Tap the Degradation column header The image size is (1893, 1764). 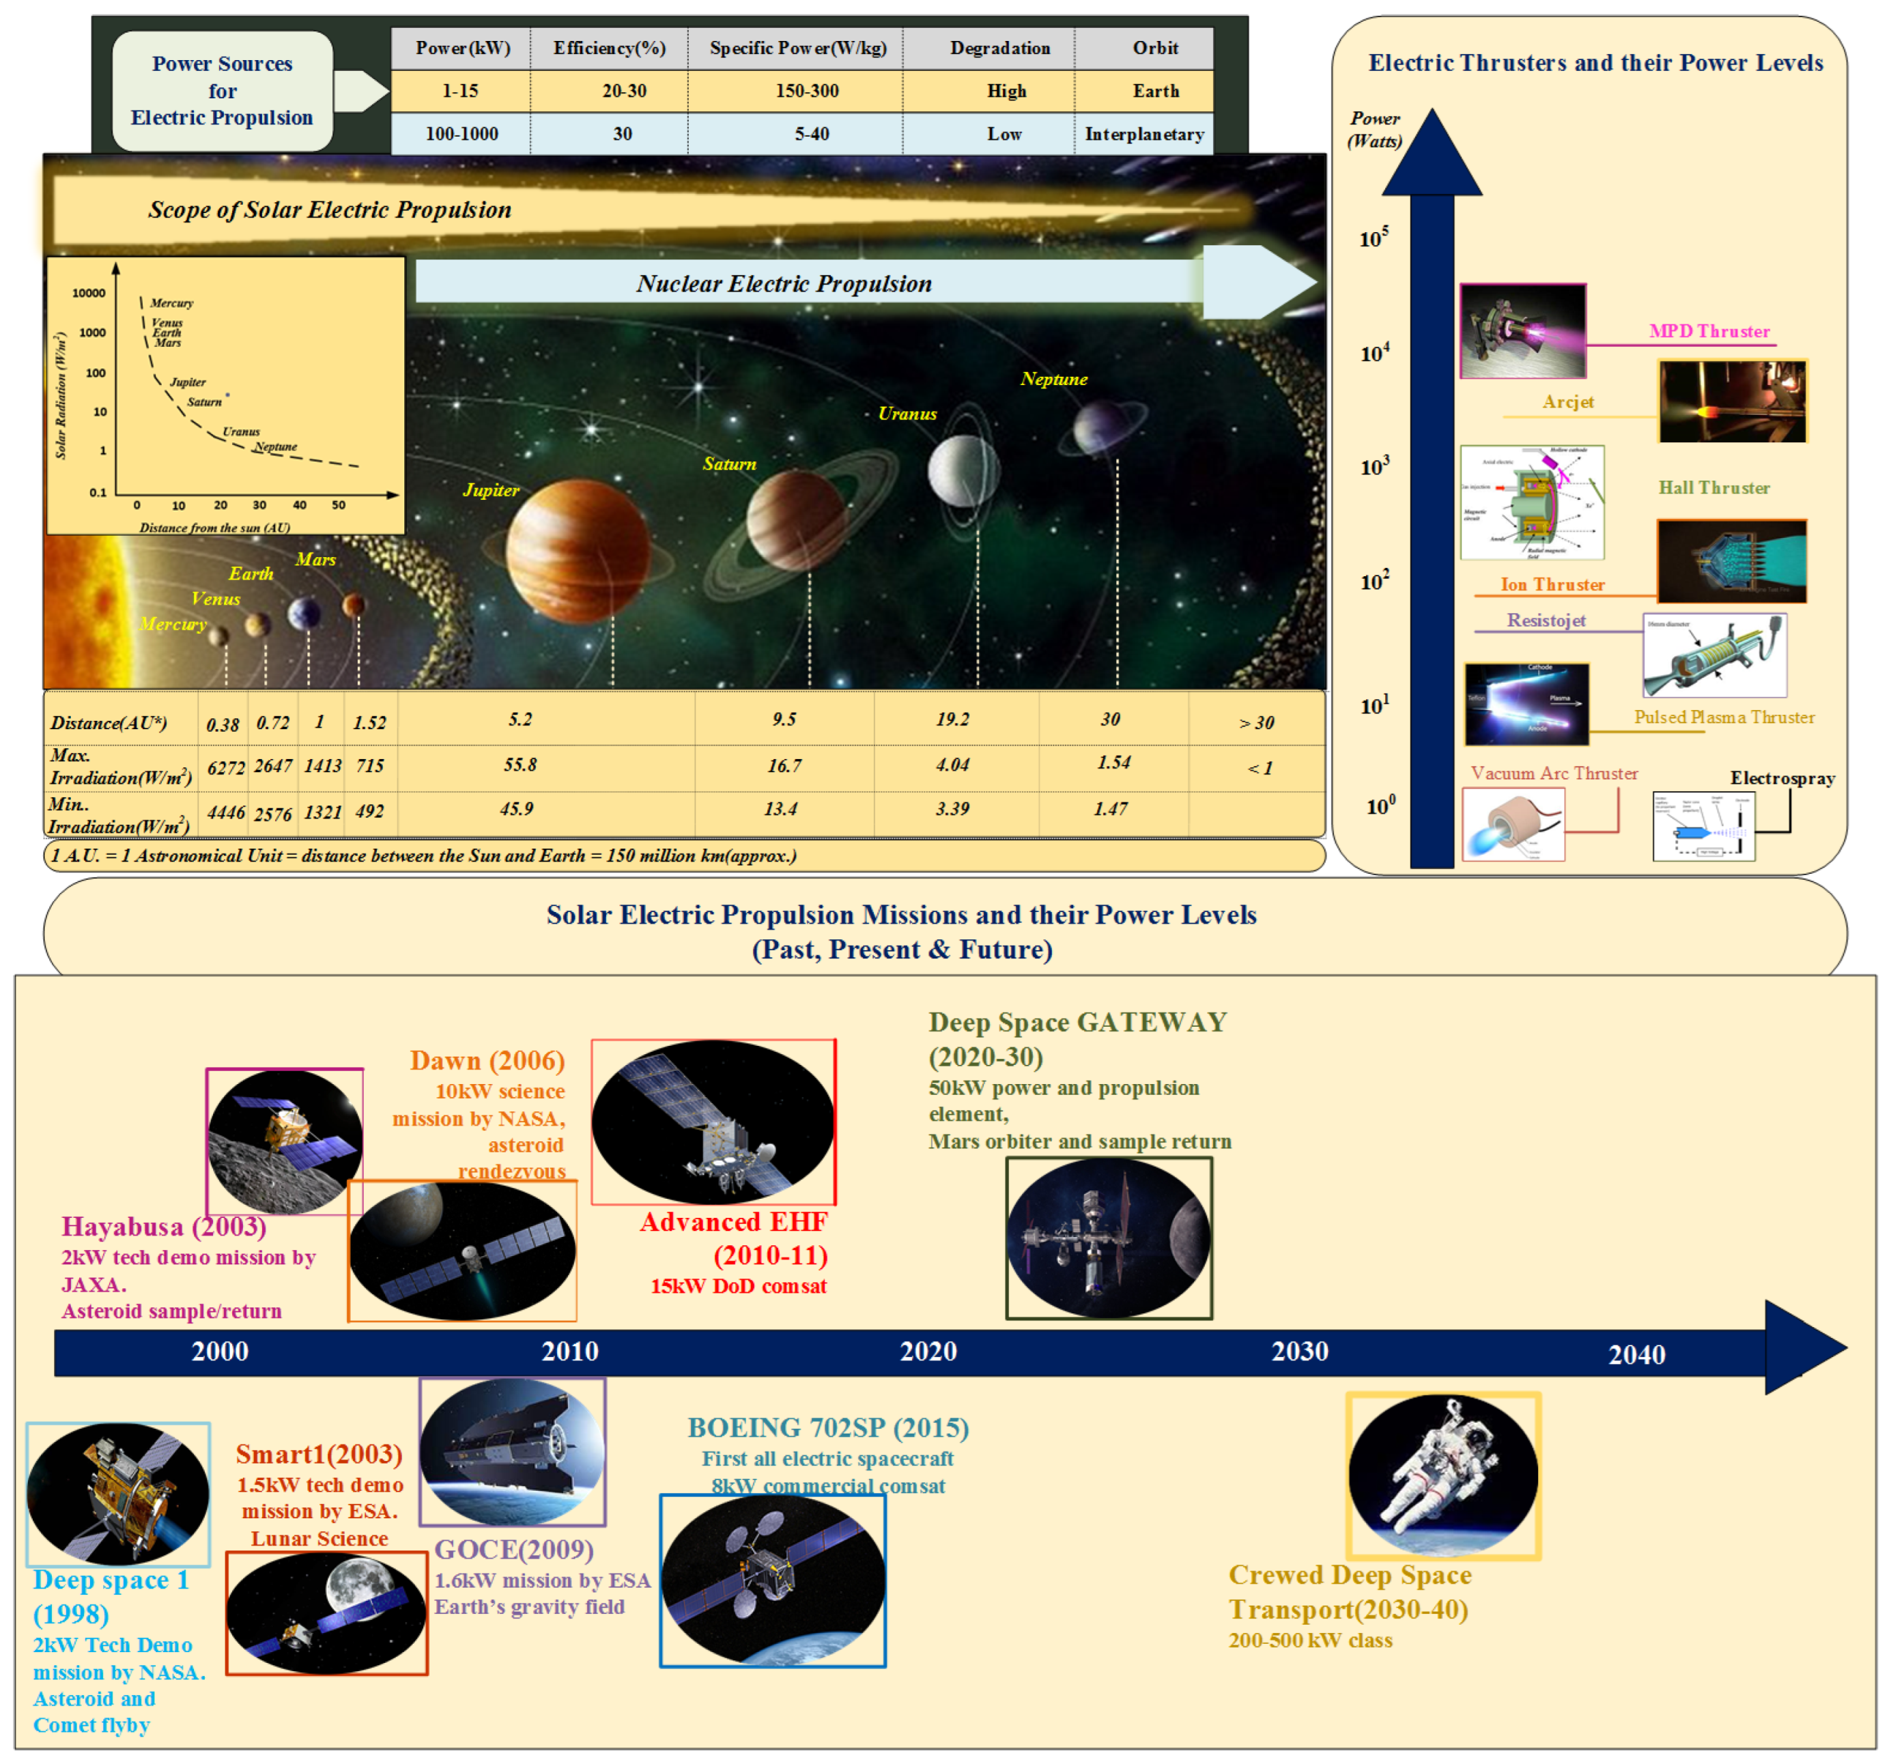(x=1000, y=48)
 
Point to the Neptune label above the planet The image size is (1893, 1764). (x=1053, y=379)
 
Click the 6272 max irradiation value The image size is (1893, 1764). (x=226, y=767)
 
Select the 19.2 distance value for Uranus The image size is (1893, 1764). (x=952, y=719)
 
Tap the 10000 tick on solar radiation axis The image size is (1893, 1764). (x=89, y=294)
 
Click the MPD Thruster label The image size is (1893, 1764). (x=1709, y=331)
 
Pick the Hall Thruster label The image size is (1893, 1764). (x=1714, y=487)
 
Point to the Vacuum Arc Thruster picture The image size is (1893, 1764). (x=1513, y=825)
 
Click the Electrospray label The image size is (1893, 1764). (x=1782, y=778)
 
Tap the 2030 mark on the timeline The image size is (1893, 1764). (x=1300, y=1351)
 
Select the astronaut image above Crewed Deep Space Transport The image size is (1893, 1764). (x=1442, y=1475)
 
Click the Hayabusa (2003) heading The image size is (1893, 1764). (x=164, y=1226)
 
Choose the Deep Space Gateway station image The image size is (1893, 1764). (x=1109, y=1238)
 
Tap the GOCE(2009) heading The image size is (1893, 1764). (x=514, y=1549)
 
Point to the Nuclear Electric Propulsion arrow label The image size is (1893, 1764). (x=784, y=284)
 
